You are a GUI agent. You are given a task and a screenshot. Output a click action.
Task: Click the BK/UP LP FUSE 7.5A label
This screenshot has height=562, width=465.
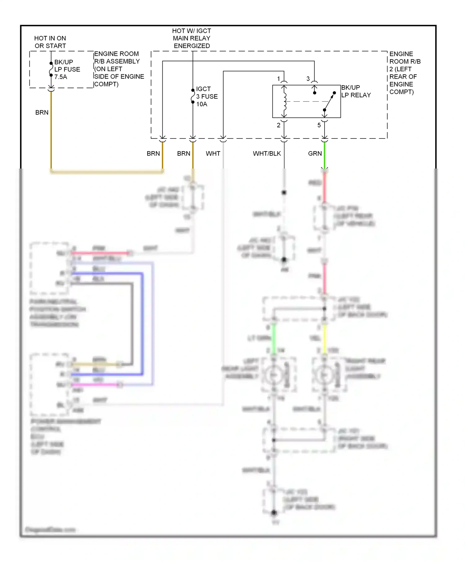tap(67, 69)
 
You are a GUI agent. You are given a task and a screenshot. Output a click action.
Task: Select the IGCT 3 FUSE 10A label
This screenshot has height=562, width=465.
tap(207, 96)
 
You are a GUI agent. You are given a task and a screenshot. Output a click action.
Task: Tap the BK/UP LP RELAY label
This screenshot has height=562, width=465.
tap(356, 91)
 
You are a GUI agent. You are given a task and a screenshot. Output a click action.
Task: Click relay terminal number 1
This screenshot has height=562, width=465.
tap(278, 79)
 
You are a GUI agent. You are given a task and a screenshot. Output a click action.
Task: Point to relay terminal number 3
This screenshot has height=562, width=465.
tap(308, 79)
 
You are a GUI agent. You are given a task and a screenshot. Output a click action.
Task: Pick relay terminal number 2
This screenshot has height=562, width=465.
tap(278, 125)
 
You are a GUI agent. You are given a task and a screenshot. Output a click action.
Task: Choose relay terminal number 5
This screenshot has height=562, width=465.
tap(319, 125)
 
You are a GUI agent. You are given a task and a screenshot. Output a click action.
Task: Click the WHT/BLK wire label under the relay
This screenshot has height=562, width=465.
tap(267, 154)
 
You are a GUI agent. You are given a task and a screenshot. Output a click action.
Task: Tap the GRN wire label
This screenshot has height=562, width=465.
tap(315, 154)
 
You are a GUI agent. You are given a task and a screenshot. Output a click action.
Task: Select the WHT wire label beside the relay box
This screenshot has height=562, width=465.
tap(213, 154)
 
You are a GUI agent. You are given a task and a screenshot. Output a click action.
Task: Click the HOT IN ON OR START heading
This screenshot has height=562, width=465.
tap(50, 42)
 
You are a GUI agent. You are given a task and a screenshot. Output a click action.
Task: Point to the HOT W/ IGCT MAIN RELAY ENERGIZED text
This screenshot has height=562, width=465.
tap(192, 38)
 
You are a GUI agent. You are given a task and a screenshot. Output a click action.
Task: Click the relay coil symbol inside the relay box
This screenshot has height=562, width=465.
tap(285, 101)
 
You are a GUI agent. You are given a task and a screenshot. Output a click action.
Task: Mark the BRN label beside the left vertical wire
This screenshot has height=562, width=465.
tap(42, 112)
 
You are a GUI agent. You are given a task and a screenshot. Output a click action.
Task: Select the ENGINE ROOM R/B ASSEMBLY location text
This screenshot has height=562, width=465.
tap(119, 69)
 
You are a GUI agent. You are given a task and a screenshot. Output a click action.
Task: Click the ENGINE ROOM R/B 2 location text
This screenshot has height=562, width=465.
tap(404, 73)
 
